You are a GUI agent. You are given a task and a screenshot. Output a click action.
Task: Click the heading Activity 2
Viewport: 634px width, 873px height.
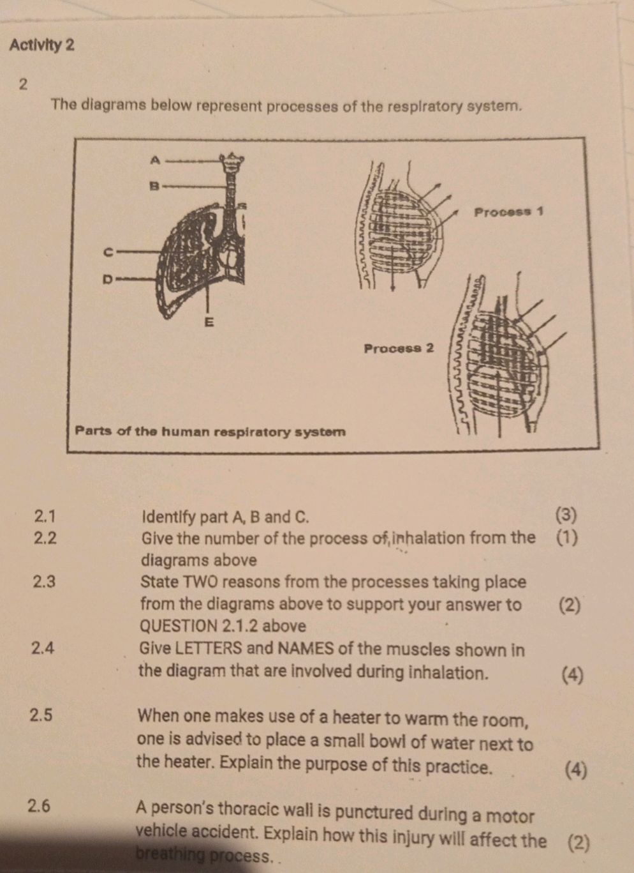click(42, 45)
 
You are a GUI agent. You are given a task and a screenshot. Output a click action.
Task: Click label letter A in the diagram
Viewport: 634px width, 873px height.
click(153, 160)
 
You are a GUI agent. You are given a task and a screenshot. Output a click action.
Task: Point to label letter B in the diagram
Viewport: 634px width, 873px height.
click(153, 186)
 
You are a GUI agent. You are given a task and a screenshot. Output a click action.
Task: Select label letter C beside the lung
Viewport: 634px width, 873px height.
click(109, 253)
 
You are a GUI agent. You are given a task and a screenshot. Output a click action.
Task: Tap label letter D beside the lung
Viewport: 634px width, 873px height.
click(108, 279)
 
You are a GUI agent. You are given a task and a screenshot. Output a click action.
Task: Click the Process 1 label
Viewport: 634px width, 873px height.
click(508, 211)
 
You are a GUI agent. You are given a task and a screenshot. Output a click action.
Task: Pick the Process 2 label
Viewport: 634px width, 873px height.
click(399, 349)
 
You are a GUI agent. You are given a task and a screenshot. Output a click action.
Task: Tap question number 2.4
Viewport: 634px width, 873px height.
click(43, 648)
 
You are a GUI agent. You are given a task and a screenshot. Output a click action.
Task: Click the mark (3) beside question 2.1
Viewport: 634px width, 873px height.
click(566, 515)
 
